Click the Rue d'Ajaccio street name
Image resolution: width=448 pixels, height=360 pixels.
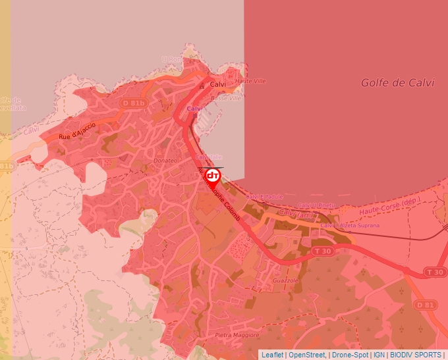coord(77,130)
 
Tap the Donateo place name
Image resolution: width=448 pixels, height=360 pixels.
coord(165,160)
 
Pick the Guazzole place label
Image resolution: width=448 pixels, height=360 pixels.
coord(285,280)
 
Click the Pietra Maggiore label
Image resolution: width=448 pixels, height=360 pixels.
coord(237,335)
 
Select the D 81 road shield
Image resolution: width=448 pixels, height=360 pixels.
coord(426,305)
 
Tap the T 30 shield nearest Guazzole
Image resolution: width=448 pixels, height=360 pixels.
coord(323,251)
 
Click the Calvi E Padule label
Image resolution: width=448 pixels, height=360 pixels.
coord(264,196)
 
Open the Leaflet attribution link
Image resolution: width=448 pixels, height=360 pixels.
coord(272,355)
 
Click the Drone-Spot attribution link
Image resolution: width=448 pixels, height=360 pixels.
coord(350,355)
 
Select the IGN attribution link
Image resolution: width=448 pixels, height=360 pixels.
coord(379,355)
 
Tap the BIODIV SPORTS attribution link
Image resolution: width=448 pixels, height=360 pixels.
coord(416,355)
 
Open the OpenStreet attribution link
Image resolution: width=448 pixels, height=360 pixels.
coord(308,355)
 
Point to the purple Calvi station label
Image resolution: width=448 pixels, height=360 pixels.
coord(194,108)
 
